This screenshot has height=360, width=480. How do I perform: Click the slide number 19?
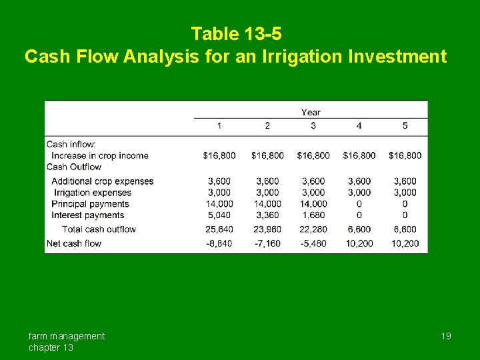pos(446,336)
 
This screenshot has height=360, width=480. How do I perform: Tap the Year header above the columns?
pos(311,113)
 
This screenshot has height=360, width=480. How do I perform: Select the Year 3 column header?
pos(313,126)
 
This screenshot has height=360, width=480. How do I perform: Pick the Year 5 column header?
pos(405,126)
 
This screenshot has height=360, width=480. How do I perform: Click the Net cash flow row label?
pos(74,243)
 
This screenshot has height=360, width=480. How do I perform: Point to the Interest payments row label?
pos(88,215)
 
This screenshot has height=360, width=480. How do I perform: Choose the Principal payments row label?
pos(90,204)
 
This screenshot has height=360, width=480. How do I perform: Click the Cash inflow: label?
pos(71,144)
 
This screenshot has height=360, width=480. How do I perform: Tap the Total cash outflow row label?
pos(99,229)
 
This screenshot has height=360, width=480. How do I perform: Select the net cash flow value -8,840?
pos(219,243)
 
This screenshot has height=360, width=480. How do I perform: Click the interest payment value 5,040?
pos(220,215)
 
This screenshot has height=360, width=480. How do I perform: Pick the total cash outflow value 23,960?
pos(267,229)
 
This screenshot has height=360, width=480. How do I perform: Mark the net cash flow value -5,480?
pos(313,243)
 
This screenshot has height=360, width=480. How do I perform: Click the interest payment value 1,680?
pos(313,215)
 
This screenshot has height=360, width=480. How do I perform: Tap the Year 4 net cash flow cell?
pos(359,243)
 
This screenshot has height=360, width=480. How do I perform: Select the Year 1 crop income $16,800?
pos(219,155)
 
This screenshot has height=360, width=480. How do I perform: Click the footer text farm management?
pos(67,336)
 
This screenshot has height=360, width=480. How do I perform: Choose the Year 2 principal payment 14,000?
pos(267,204)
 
